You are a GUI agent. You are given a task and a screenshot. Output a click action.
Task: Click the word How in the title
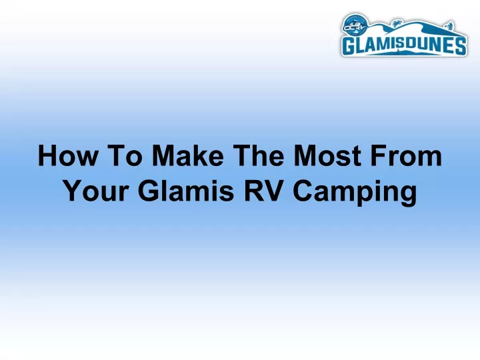[x=67, y=155]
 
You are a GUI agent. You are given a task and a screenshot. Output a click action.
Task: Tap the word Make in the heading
[x=188, y=155]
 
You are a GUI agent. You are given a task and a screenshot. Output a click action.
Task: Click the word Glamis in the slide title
[x=186, y=191]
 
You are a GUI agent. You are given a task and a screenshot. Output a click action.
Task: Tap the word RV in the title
[x=263, y=191]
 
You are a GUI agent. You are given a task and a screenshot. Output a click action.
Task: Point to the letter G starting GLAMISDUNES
[x=349, y=46]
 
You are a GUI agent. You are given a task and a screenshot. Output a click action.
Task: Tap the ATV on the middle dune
[x=397, y=23]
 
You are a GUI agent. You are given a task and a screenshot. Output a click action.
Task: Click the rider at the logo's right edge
[x=450, y=25]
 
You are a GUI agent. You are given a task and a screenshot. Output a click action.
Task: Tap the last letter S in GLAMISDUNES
[x=460, y=46]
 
